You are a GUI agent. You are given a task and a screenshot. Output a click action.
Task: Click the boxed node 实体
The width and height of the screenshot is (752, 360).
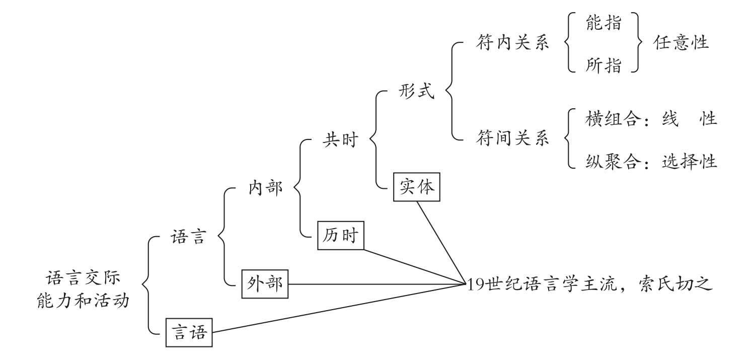417,187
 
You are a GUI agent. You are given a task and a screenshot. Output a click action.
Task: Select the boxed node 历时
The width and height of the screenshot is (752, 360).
341,235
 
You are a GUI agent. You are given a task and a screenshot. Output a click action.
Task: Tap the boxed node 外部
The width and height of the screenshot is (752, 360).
265,284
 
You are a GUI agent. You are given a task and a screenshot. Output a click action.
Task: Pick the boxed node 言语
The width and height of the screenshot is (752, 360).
189,332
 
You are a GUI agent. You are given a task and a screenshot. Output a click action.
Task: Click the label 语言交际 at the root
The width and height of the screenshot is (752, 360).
83,278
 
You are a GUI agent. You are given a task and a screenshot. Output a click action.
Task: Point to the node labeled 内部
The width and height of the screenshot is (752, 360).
265,188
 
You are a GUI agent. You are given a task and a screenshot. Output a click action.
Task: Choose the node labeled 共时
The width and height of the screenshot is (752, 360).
340,139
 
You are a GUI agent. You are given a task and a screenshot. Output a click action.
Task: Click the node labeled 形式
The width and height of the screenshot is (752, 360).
416,92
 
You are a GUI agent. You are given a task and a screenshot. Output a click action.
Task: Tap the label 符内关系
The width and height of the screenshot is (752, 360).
512,43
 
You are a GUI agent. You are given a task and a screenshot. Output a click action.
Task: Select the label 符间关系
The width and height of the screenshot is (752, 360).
512,139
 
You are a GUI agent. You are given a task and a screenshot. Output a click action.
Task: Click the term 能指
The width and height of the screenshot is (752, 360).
604,23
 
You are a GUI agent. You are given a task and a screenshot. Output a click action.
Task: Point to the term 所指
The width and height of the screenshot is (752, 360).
604,65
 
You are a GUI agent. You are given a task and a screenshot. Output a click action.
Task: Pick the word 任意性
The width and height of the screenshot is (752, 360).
681,43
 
